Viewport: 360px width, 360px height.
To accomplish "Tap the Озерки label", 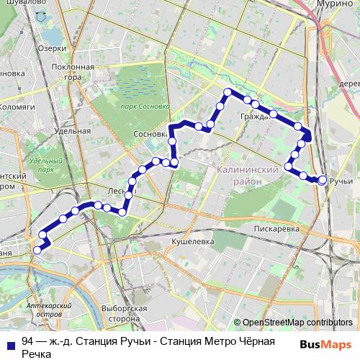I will pos(53,49).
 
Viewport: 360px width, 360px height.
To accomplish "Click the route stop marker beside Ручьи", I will pos(322,179).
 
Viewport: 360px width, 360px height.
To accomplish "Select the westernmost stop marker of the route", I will pos(37,250).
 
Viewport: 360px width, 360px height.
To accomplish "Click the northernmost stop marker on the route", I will pos(228,91).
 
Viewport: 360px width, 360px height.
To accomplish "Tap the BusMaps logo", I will pos(325,345).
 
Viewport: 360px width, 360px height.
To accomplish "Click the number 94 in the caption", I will pos(28,341).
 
